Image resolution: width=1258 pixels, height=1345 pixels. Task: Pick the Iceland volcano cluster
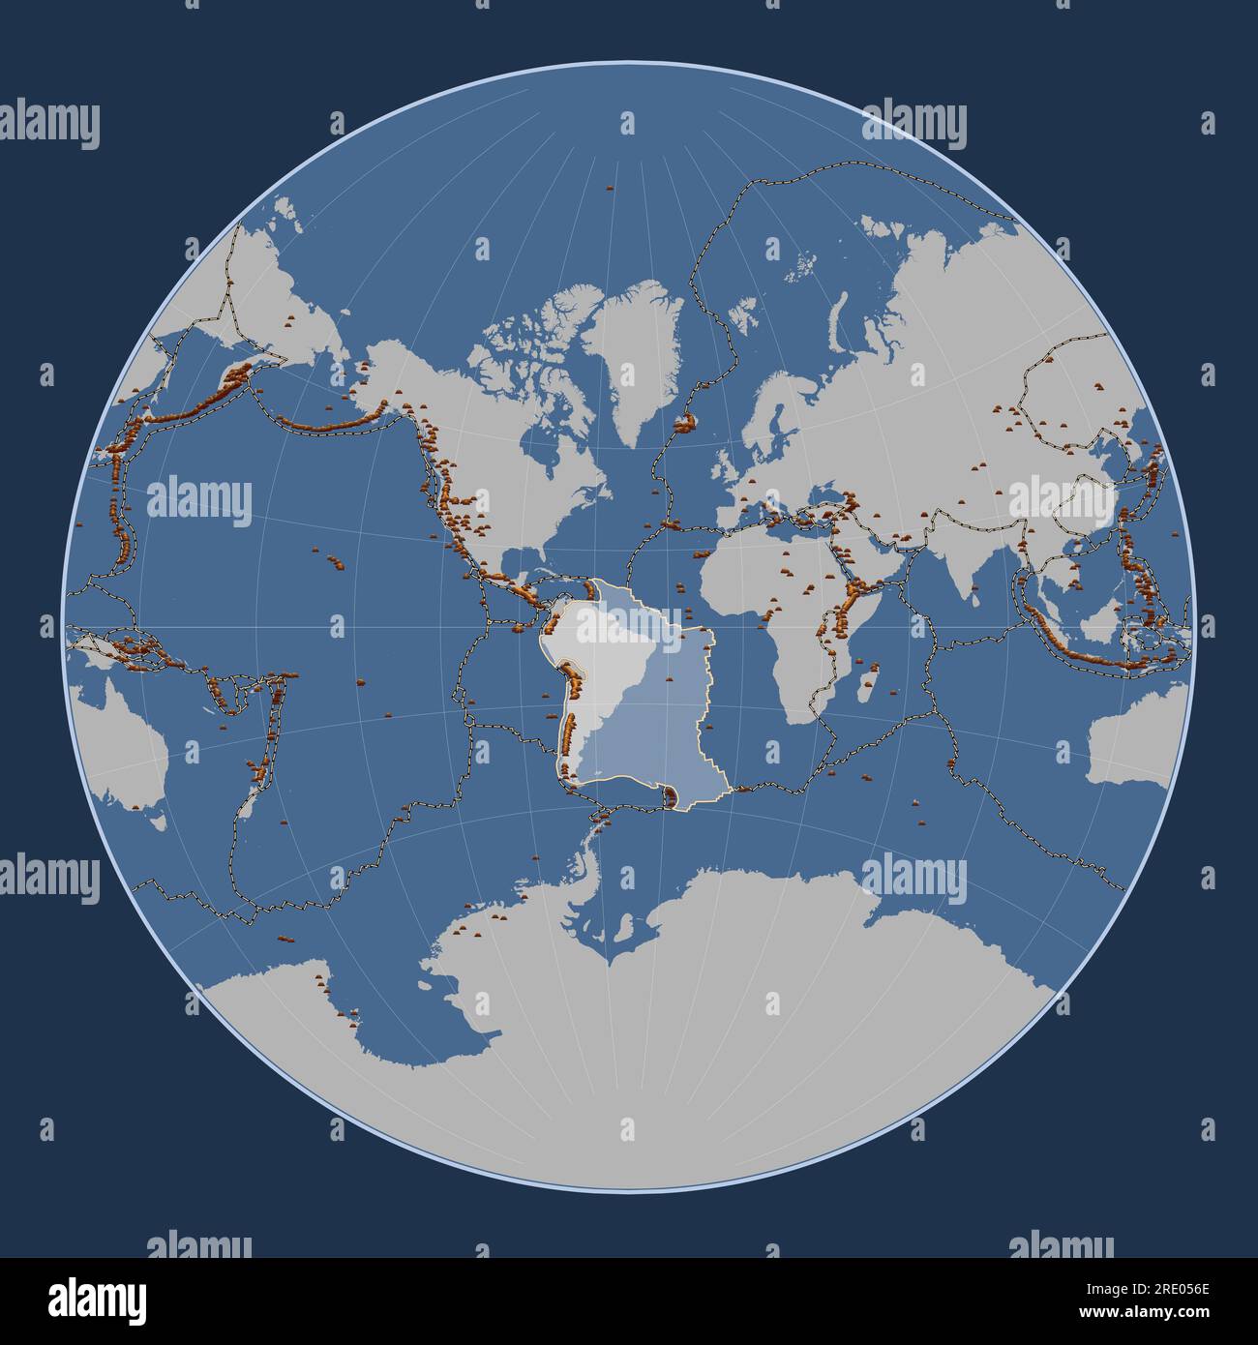tap(686, 422)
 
